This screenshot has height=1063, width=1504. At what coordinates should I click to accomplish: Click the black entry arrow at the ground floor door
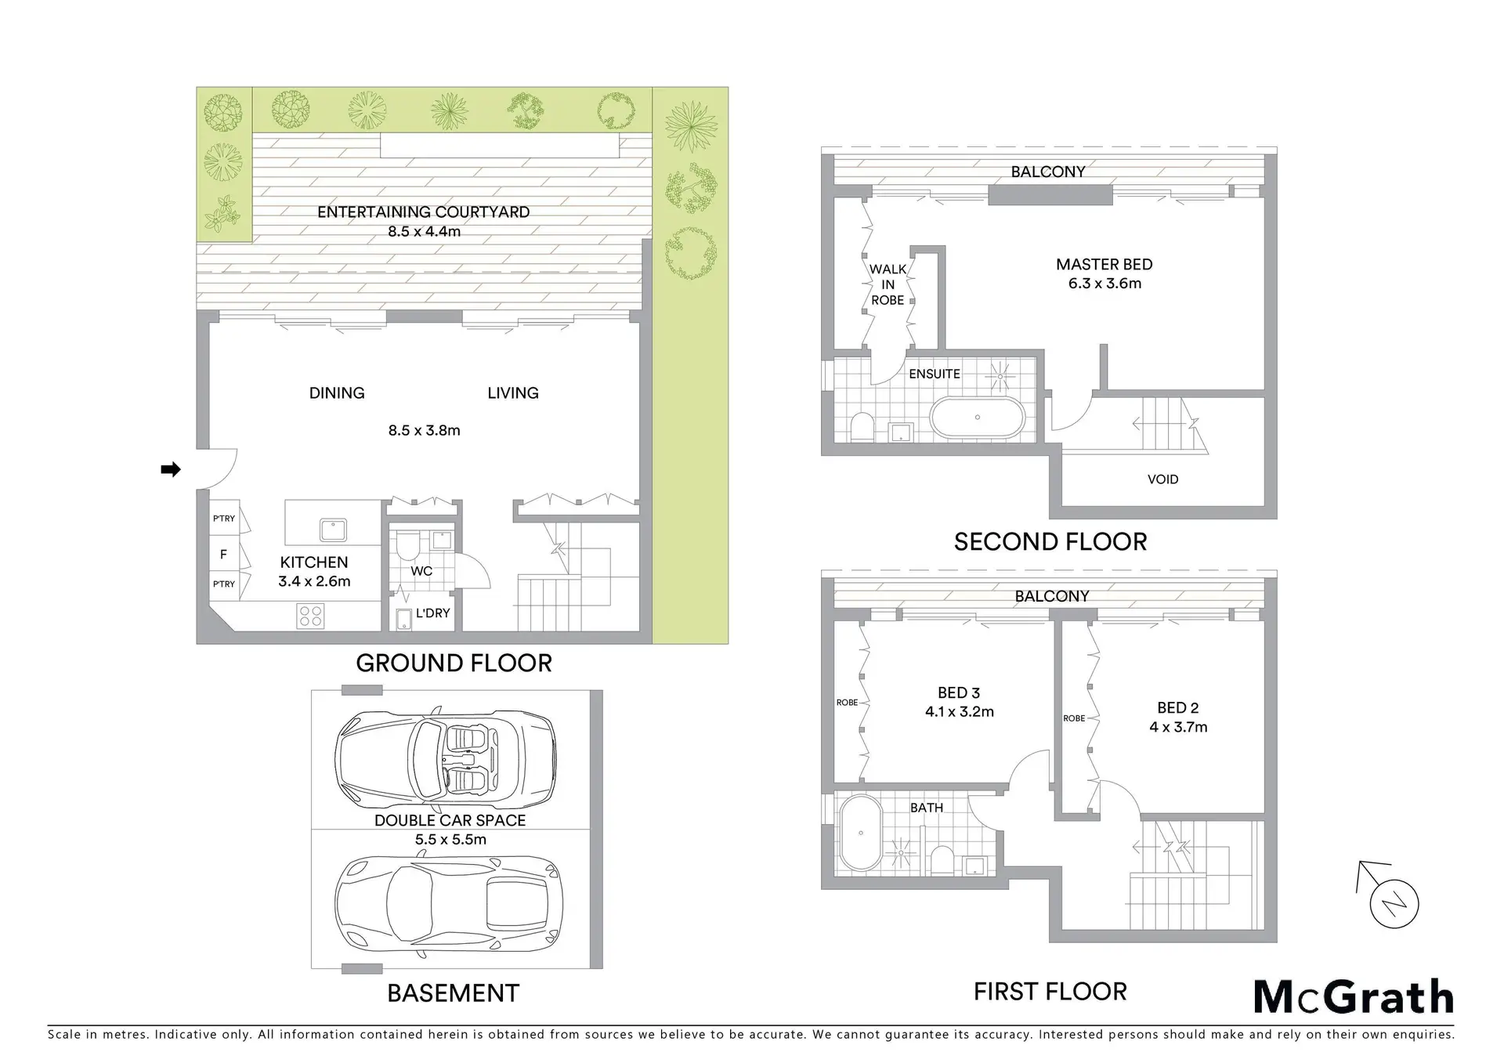[171, 469]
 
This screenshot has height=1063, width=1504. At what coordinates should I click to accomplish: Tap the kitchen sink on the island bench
[333, 530]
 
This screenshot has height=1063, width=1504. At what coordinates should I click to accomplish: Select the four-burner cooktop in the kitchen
[310, 616]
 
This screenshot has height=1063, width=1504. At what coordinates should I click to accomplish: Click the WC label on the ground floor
[421, 571]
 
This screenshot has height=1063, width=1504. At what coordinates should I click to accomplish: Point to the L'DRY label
[432, 613]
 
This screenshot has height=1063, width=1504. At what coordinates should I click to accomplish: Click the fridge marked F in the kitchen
[224, 555]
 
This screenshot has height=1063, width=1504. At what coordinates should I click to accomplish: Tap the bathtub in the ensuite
[977, 417]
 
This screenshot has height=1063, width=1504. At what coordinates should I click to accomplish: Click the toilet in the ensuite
[861, 425]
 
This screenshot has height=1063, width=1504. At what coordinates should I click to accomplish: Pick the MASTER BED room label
[1104, 265]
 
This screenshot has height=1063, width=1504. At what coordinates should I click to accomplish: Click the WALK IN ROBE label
[888, 284]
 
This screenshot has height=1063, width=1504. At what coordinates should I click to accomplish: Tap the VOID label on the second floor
[1162, 479]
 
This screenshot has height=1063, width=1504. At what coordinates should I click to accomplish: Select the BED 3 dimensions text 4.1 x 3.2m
[959, 712]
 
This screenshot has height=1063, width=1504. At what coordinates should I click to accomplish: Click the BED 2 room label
[1178, 708]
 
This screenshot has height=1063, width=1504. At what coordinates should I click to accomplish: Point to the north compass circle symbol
[1394, 904]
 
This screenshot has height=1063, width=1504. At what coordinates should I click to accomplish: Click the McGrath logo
[1354, 997]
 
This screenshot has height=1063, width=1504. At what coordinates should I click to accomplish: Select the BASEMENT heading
[453, 993]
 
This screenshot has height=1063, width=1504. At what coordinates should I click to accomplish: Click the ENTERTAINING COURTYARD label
[423, 212]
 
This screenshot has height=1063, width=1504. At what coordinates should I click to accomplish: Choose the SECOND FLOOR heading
[1050, 542]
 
